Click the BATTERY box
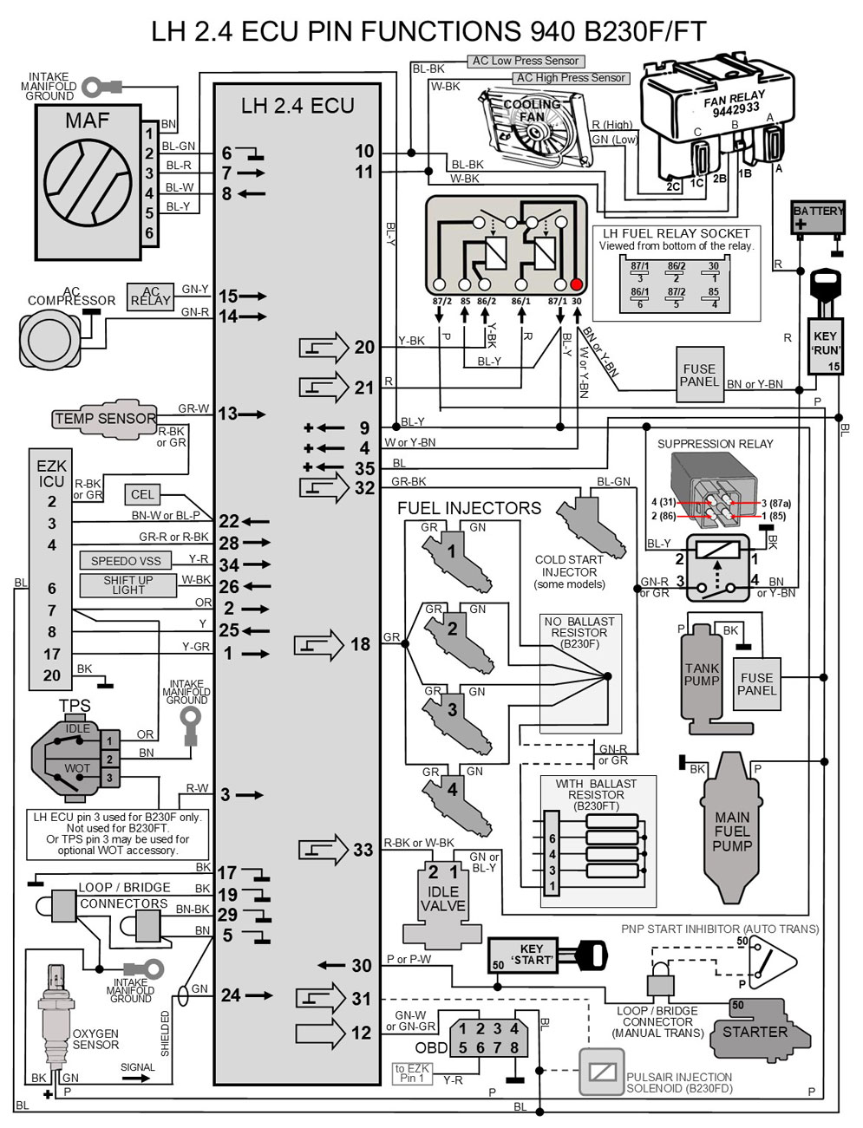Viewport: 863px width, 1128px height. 818,217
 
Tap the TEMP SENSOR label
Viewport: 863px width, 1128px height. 105,418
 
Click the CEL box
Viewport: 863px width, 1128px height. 142,494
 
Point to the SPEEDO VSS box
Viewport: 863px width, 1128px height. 126,561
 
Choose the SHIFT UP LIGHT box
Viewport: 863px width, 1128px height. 127,585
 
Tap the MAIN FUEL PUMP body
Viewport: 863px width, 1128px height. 732,831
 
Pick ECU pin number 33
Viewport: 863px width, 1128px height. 363,850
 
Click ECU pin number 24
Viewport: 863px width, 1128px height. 230,995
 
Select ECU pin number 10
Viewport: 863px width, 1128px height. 363,152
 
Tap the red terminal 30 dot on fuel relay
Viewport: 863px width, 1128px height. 576,284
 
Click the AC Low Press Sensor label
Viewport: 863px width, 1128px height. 525,61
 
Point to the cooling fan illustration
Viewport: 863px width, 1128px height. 536,126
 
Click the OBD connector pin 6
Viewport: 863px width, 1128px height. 480,1047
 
